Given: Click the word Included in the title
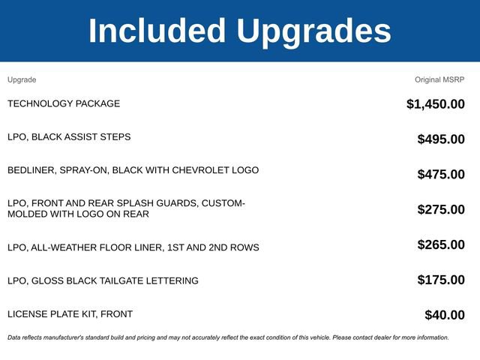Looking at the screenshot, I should [157, 31].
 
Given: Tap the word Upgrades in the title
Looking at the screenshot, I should [313, 31].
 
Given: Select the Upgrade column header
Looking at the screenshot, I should [22, 79].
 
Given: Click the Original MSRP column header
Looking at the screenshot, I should [439, 79].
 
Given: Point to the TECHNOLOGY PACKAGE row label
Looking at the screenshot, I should [64, 103].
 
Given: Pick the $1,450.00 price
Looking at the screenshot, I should [435, 104].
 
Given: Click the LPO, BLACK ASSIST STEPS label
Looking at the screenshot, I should [69, 137].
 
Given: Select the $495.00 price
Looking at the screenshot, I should [441, 139].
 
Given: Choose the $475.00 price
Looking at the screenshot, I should [441, 174].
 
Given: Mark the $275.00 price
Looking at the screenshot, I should [441, 209].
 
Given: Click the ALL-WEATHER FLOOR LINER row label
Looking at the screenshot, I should [133, 247].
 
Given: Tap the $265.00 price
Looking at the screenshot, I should [441, 244].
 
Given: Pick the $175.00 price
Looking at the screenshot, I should [441, 280].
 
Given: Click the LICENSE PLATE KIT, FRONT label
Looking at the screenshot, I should [70, 313].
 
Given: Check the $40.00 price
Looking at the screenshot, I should [445, 315].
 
